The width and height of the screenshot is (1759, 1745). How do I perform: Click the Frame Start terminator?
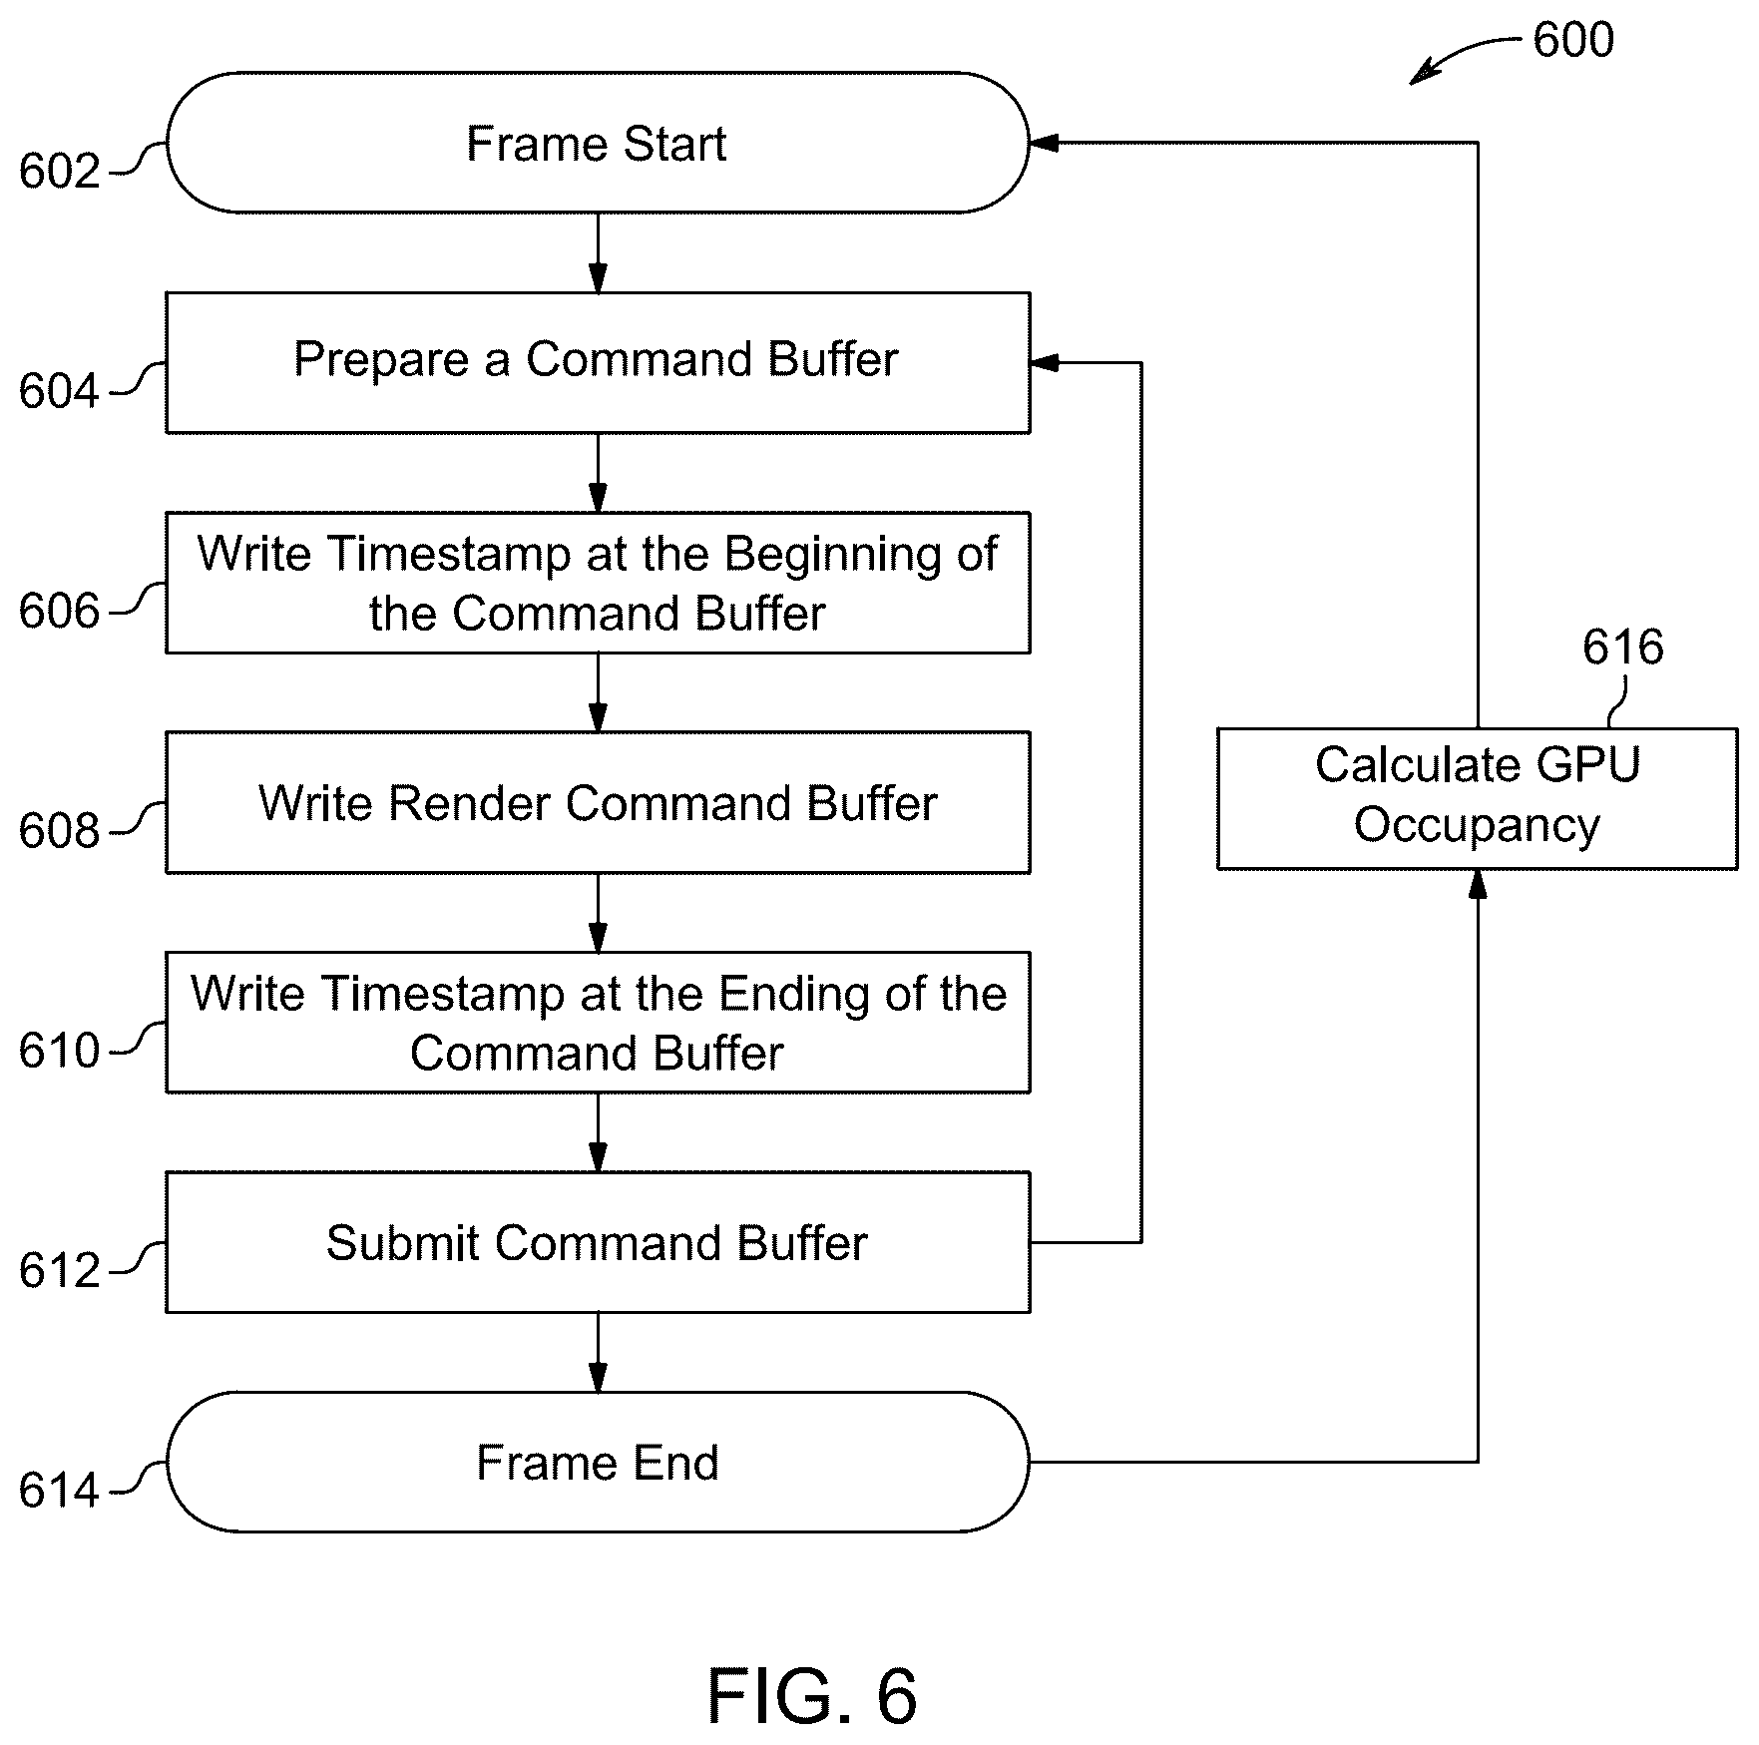click(597, 143)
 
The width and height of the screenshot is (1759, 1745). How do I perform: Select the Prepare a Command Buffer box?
click(598, 363)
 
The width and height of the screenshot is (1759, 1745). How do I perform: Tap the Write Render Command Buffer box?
click(598, 803)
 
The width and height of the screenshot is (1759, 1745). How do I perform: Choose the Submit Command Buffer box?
click(598, 1242)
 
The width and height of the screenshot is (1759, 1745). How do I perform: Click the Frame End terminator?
click(597, 1463)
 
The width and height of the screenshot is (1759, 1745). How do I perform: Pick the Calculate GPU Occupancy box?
click(1477, 798)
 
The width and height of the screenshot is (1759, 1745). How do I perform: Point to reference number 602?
click(60, 172)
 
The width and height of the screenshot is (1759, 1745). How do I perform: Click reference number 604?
click(60, 391)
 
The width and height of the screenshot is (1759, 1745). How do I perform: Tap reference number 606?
click(60, 612)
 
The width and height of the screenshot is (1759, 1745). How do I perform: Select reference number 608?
click(60, 831)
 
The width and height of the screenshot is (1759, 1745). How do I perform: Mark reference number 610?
click(60, 1052)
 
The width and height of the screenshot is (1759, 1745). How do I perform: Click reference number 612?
click(60, 1271)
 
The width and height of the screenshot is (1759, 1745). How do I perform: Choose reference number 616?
click(1623, 648)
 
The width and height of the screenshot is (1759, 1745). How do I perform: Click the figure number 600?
click(1573, 41)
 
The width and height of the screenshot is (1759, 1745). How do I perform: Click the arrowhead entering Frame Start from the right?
click(1044, 143)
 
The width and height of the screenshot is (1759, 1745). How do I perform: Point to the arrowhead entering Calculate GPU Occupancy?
click(1478, 884)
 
